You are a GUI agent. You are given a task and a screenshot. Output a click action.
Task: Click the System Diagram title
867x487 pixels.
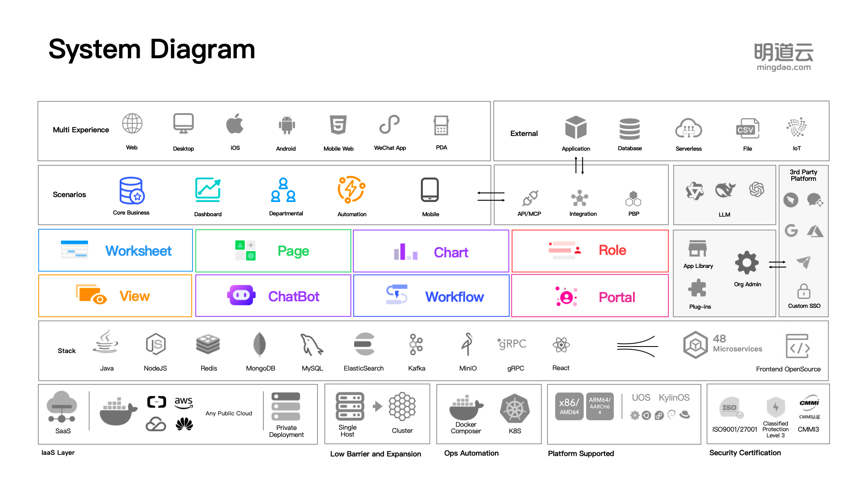pos(151,50)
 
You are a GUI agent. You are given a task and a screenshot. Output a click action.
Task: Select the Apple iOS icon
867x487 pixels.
pos(235,124)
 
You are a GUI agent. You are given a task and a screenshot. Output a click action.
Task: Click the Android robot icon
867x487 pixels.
pos(287,125)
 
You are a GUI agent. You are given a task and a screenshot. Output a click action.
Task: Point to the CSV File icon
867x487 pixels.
pos(747,129)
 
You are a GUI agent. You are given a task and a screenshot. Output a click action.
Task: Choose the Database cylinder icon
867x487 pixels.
pos(629,129)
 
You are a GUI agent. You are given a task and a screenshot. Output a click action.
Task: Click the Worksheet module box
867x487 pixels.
pos(116,250)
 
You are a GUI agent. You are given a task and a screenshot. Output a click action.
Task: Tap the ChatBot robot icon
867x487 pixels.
pos(241,295)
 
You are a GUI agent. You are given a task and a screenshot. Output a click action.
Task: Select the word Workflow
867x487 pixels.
pos(454,297)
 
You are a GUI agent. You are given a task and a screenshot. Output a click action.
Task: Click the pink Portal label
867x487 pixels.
pos(617,297)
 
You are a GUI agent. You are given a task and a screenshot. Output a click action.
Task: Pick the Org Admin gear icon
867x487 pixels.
pos(747,263)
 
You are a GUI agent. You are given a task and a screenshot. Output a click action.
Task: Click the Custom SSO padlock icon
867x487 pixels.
pos(804,292)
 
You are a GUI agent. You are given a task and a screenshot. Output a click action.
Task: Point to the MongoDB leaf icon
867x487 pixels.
pos(259,344)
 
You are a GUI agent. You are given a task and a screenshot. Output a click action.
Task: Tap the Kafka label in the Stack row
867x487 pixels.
pos(416,368)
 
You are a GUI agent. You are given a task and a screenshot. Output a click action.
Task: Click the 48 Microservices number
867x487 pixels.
pos(719,339)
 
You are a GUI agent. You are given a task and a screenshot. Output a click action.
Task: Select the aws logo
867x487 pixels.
pos(184,401)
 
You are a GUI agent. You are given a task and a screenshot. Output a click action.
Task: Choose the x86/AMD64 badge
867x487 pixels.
pos(569,406)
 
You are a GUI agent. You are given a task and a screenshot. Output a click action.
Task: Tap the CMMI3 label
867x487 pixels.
pos(808,429)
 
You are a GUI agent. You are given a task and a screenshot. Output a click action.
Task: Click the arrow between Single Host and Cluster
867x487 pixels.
pos(377,406)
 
